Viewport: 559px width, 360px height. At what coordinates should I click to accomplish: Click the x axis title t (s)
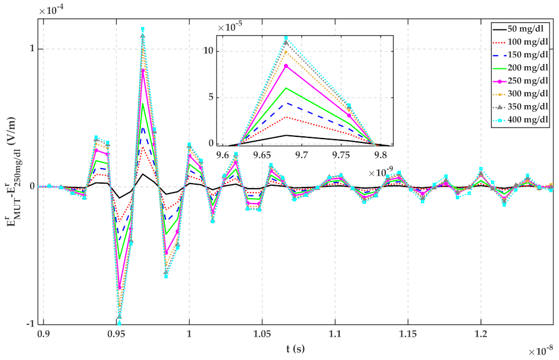[x=292, y=349]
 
